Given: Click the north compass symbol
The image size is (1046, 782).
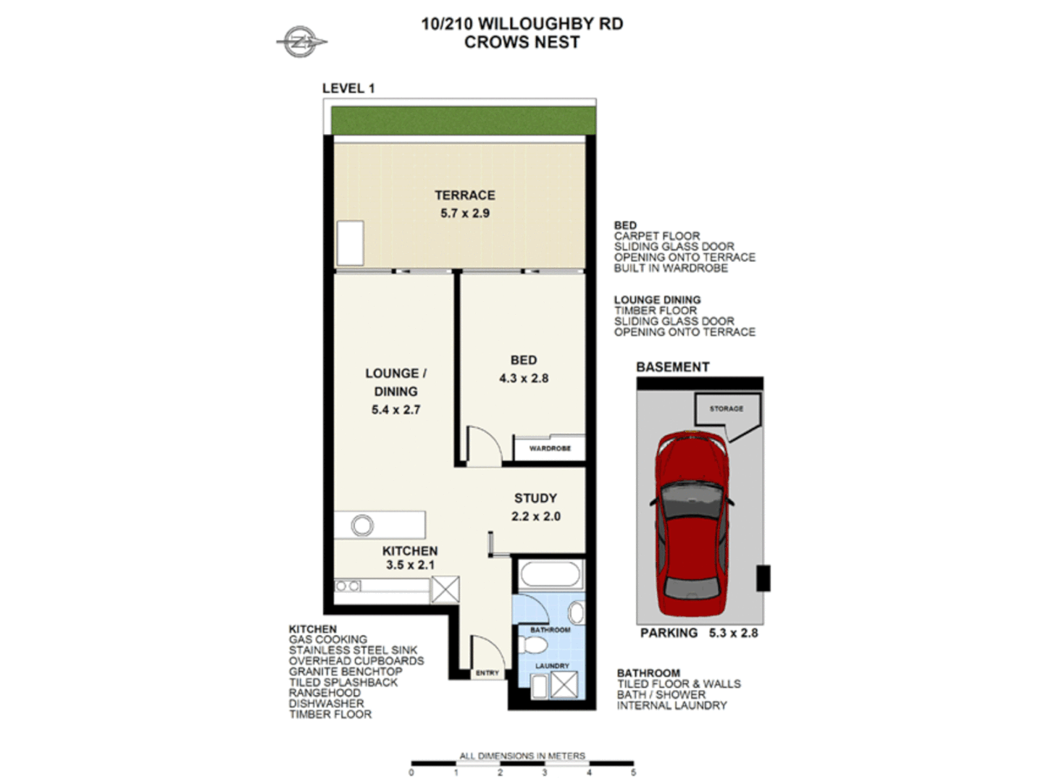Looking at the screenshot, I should point(300,43).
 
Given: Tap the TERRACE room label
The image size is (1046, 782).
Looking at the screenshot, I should point(464,195).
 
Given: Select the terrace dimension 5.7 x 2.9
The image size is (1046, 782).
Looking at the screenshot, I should point(464,214).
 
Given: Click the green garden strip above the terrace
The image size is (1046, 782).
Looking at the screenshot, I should point(464,120).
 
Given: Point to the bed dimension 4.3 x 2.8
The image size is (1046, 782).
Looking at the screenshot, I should point(523,379).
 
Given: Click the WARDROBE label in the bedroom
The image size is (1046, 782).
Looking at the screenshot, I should point(550,449).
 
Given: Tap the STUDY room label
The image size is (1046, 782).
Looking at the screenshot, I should point(535,498).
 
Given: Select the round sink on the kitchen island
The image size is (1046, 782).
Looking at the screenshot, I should point(362,525).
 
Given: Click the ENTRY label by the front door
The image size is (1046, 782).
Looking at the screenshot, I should point(487,673).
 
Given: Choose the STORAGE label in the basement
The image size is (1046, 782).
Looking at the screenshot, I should point(726,409).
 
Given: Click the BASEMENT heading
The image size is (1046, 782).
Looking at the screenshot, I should point(672,367).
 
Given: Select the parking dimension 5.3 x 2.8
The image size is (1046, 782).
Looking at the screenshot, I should point(733,633).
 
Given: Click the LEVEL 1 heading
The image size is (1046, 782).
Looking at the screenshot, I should point(348,88).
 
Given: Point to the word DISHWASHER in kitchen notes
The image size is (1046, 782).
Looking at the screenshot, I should point(326,704).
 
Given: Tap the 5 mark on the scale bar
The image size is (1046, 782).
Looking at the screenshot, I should point(633,773).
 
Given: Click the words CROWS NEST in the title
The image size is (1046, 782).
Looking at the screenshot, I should point(522,43).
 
